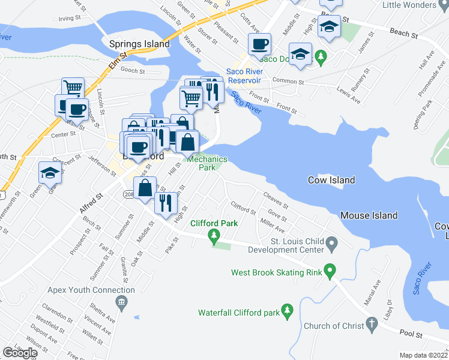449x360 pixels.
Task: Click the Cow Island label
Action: tap(331, 180)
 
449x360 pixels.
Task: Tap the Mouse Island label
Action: tap(369, 215)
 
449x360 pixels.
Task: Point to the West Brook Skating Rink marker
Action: tap(329, 272)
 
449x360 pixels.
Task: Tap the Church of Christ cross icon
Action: tap(372, 326)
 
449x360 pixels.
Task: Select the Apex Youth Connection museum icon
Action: tap(122, 302)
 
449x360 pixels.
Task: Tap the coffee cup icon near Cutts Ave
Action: tap(259, 44)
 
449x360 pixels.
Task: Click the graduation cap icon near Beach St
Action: tap(329, 27)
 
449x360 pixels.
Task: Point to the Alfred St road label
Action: tap(91, 202)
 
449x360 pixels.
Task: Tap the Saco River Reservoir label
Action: tap(244, 76)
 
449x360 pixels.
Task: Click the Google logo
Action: tap(20, 353)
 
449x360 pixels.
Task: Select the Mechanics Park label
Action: tap(206, 163)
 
